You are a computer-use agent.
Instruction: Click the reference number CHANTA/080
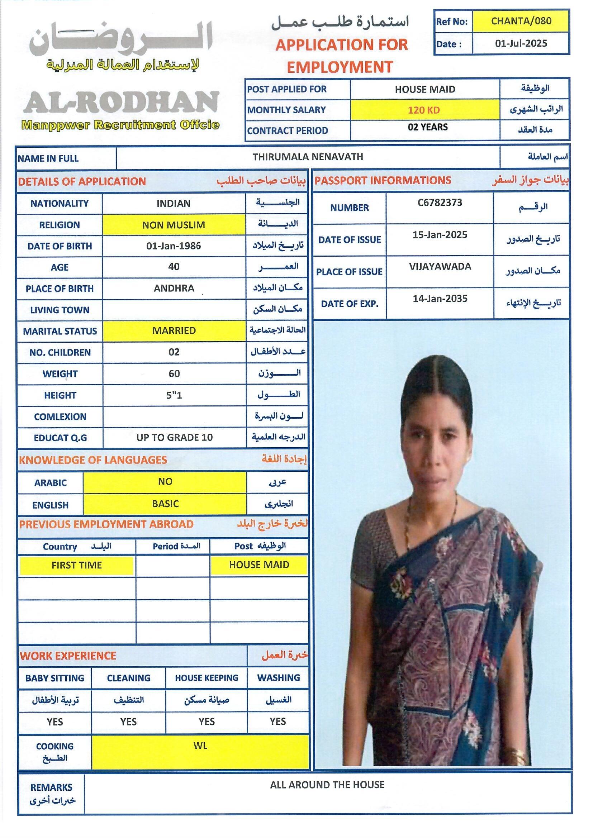(521, 21)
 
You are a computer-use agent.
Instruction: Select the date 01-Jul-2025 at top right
(521, 44)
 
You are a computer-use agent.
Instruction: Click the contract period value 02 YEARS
(428, 127)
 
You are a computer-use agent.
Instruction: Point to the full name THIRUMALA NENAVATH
(308, 157)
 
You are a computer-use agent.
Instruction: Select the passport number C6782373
(440, 203)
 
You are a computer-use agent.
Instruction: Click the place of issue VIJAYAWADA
(440, 266)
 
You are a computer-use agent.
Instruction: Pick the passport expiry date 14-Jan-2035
(440, 299)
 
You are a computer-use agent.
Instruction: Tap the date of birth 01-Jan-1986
(174, 246)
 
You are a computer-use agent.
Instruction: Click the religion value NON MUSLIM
(174, 225)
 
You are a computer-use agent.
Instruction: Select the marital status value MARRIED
(174, 331)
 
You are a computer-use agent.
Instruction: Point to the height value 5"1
(174, 395)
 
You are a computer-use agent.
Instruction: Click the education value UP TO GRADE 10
(174, 437)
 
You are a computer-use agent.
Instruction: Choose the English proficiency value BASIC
(165, 504)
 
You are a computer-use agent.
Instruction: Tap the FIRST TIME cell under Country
(76, 565)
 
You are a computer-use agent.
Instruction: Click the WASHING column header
(278, 677)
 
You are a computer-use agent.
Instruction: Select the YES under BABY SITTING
(55, 722)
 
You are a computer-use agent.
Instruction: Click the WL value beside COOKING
(200, 746)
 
